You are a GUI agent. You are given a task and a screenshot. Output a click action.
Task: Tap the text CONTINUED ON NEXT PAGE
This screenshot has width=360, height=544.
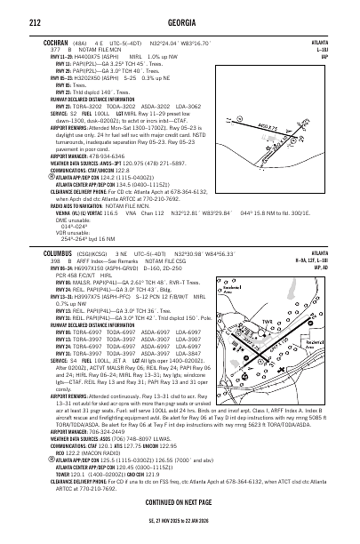click(180, 524)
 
